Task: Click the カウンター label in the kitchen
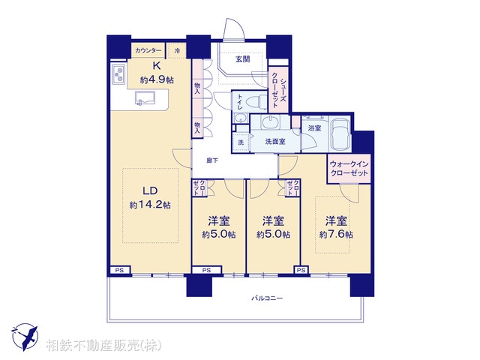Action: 148,50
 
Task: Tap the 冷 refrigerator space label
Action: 177,50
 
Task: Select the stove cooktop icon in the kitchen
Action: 118,76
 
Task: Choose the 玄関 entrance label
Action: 241,59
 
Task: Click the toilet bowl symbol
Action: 253,102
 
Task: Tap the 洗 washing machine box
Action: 240,142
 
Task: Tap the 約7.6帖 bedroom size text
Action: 335,234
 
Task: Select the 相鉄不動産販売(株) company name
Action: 103,346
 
